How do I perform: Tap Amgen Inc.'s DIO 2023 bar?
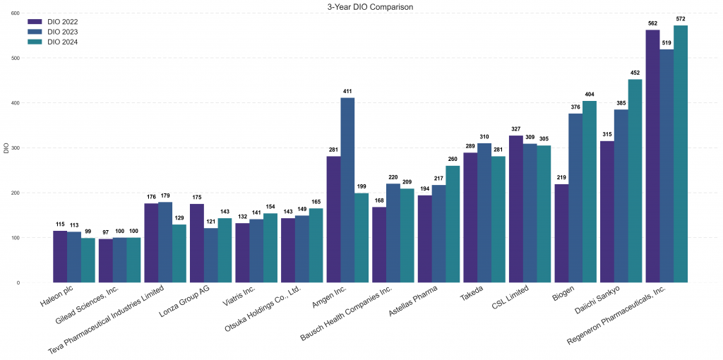pyautogui.click(x=347, y=190)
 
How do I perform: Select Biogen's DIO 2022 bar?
pyautogui.click(x=562, y=233)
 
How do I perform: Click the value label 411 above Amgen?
pyautogui.click(x=347, y=91)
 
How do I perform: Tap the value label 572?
pyautogui.click(x=681, y=18)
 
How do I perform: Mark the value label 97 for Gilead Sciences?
pyautogui.click(x=105, y=232)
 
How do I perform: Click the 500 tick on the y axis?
pyautogui.click(x=16, y=58)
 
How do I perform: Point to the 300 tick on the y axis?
pyautogui.click(x=16, y=148)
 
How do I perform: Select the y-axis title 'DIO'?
pyautogui.click(x=6, y=148)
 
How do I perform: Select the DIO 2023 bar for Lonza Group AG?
pyautogui.click(x=210, y=255)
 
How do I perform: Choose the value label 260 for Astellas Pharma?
pyautogui.click(x=453, y=159)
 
